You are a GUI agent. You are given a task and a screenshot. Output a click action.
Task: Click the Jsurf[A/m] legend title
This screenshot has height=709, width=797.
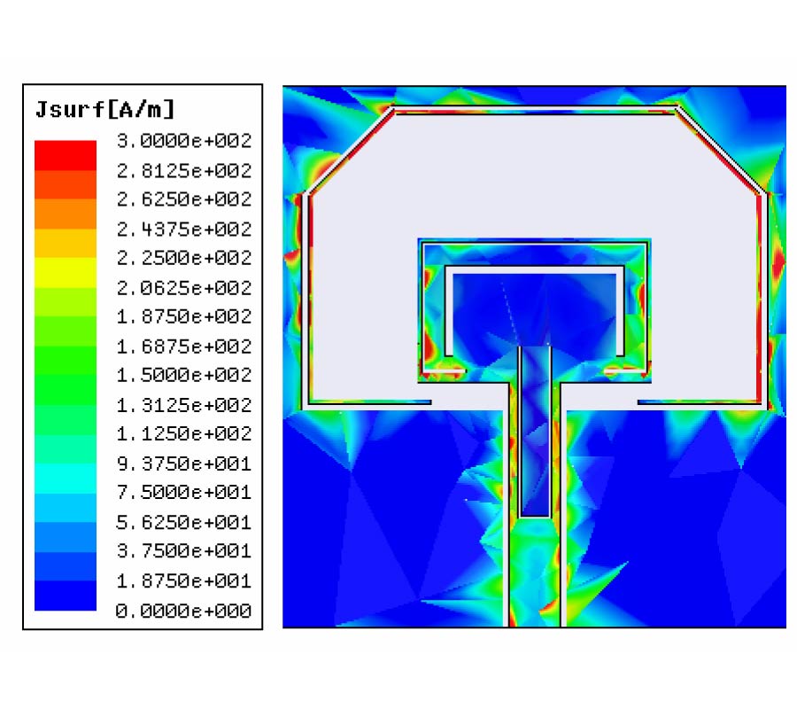(x=104, y=109)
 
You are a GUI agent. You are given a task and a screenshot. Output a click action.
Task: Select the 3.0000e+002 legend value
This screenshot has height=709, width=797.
(x=184, y=141)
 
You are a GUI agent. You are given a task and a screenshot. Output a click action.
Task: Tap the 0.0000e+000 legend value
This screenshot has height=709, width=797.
(x=184, y=611)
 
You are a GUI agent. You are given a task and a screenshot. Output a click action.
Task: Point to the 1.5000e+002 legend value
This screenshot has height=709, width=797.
(x=184, y=375)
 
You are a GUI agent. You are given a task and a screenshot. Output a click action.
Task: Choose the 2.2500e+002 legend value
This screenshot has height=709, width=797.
(x=184, y=258)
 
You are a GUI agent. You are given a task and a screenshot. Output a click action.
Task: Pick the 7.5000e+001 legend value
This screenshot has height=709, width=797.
(x=184, y=493)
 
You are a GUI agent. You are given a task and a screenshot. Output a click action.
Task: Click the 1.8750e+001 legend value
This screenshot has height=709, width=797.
(x=184, y=580)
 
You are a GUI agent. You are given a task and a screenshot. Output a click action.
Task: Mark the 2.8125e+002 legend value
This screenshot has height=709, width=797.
(x=184, y=171)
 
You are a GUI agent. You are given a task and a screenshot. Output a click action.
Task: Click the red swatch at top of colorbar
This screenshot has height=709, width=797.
(x=66, y=155)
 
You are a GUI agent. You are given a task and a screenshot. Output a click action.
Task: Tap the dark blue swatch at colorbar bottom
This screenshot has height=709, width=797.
(x=66, y=596)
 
